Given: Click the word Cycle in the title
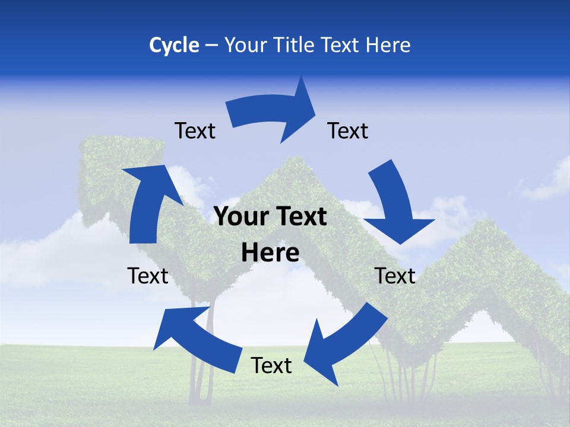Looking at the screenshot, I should tap(174, 45).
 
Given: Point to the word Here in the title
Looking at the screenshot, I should tap(388, 45).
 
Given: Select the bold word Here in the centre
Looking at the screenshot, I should tap(270, 253).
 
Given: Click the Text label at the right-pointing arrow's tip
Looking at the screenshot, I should tap(348, 130).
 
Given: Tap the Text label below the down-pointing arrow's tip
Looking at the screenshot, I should tap(395, 276).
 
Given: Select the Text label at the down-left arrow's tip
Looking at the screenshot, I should tap(271, 365).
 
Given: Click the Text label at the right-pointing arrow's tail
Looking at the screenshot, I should tap(195, 130).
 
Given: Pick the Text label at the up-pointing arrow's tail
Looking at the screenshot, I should tap(148, 276).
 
